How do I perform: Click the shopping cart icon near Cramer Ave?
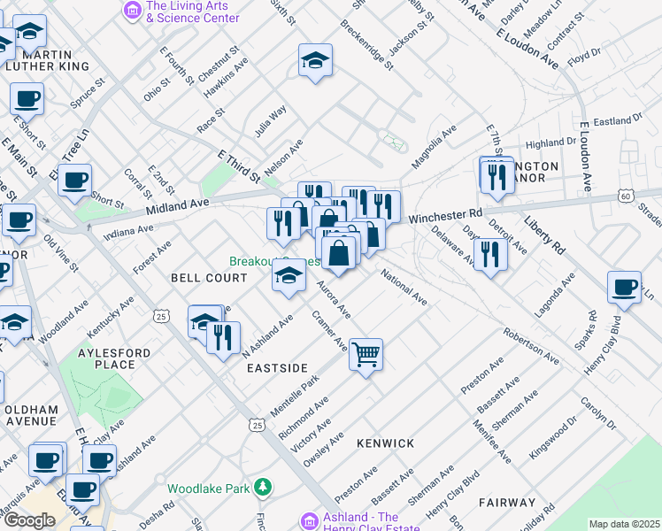pyautogui.click(x=366, y=355)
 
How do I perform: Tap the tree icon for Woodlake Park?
pyautogui.click(x=262, y=488)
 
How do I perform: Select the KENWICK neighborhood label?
pyautogui.click(x=385, y=442)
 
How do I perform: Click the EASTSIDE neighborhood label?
pyautogui.click(x=276, y=367)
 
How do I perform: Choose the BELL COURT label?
pyautogui.click(x=209, y=278)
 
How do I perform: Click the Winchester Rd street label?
pyautogui.click(x=445, y=214)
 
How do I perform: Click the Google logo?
pyautogui.click(x=29, y=520)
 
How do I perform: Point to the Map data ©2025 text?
pyautogui.click(x=624, y=524)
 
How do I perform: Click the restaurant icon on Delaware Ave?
pyautogui.click(x=489, y=254)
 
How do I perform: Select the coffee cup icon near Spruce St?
pyautogui.click(x=27, y=98)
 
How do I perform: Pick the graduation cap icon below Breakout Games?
pyautogui.click(x=289, y=277)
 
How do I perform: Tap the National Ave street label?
pyautogui.click(x=404, y=289)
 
